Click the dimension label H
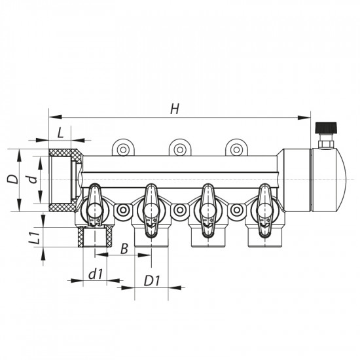coord(175,109)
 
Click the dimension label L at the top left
coord(60,133)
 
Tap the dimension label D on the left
coord(13,179)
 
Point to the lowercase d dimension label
coord(33,179)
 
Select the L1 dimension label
coord(35,238)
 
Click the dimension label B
coord(124,249)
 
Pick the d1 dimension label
coord(95,274)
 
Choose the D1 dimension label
coord(152,281)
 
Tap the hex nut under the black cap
coord(326,144)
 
